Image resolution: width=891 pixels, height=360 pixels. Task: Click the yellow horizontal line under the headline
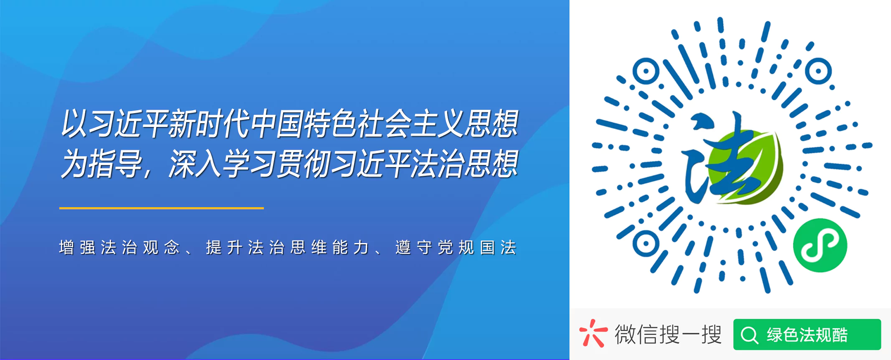click(x=161, y=208)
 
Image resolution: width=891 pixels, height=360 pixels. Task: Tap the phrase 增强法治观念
click(x=119, y=248)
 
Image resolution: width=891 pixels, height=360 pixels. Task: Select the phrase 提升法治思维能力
click(x=287, y=248)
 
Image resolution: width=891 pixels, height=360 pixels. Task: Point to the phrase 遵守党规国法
click(x=456, y=248)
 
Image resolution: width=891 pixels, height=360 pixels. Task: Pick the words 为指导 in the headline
click(x=102, y=164)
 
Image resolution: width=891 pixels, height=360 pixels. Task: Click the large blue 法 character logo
click(x=716, y=159)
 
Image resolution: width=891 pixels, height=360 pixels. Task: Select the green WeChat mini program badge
click(x=820, y=245)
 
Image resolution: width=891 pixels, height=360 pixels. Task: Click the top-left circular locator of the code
click(x=645, y=71)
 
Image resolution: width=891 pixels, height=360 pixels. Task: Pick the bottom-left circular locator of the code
click(x=645, y=243)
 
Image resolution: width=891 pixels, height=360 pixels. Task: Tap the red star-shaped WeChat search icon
click(x=593, y=333)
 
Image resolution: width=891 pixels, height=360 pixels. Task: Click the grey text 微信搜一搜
click(x=668, y=334)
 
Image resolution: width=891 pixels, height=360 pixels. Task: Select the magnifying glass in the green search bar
click(x=749, y=335)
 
